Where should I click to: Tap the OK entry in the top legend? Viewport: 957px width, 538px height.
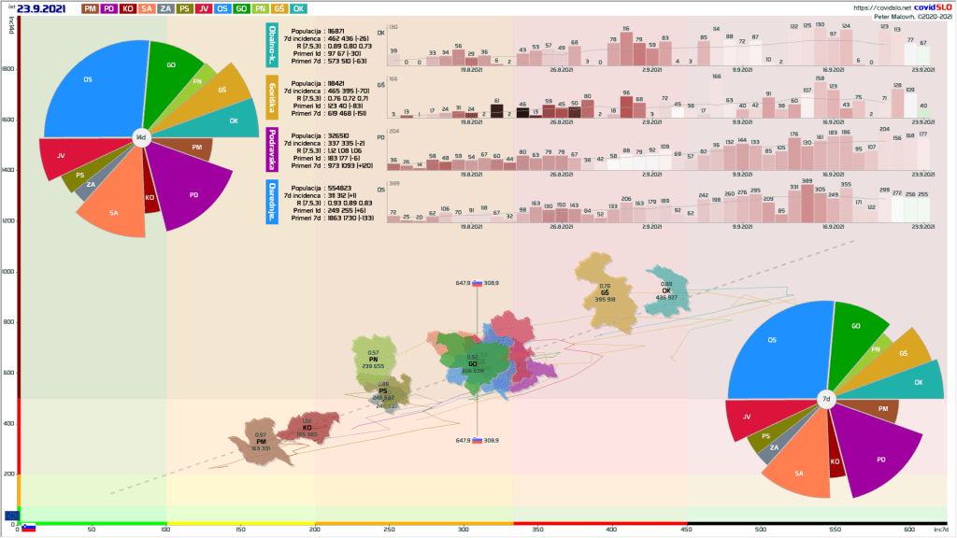coord(298,8)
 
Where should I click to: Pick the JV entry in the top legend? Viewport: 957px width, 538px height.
coord(203,8)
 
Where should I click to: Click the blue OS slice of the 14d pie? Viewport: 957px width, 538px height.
coord(89,89)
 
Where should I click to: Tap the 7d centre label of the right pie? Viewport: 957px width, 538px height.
coord(826,400)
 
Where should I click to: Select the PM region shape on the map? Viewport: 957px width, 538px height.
coord(261,439)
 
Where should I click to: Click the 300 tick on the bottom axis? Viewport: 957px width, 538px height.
coord(463,530)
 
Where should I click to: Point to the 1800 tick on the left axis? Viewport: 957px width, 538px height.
coord(8,69)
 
